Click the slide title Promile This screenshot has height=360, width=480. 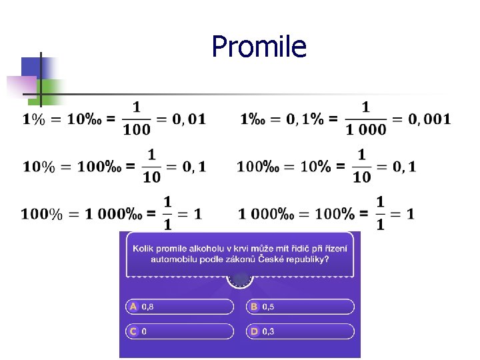[x=259, y=47]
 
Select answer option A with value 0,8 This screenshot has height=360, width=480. [x=180, y=307]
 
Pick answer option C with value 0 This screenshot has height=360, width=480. [x=180, y=331]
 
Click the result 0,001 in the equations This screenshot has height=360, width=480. [x=429, y=119]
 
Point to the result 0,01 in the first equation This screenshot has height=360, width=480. [x=189, y=119]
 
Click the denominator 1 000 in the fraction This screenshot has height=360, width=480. [x=366, y=130]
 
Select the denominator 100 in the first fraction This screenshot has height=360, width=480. [x=137, y=130]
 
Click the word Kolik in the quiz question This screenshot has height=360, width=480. [x=145, y=249]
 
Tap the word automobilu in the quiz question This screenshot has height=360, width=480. [x=173, y=259]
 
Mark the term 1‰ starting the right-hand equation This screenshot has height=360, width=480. [x=253, y=119]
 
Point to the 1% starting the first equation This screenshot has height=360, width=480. [x=34, y=119]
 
